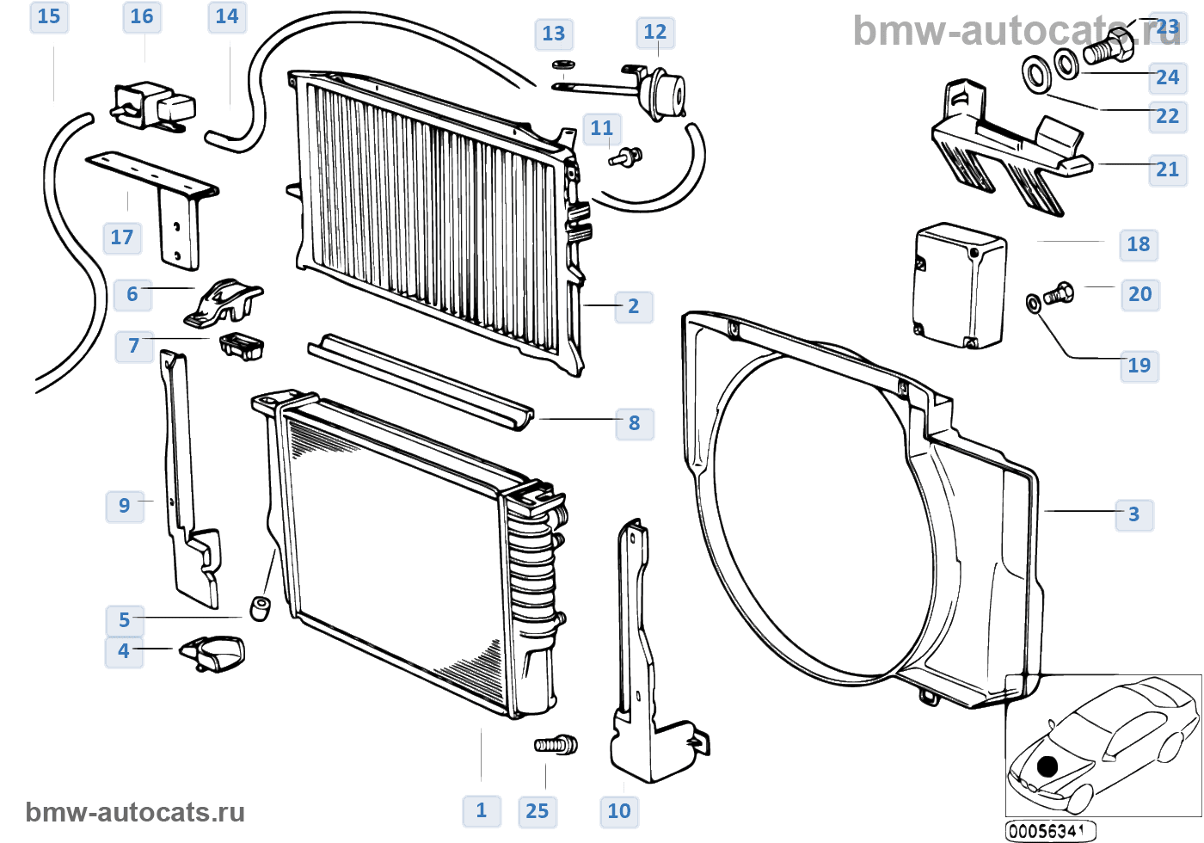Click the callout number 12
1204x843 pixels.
tap(655, 32)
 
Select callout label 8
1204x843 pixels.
tap(635, 423)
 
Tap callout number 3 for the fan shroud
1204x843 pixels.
tap(1134, 514)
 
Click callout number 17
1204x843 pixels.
tap(122, 237)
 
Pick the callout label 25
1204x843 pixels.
tap(537, 810)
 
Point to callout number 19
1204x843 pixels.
tap(1139, 366)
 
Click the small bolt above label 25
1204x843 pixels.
tap(556, 745)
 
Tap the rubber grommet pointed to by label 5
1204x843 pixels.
tap(260, 608)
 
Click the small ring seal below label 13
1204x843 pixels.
tap(563, 65)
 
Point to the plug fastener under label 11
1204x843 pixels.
tap(626, 157)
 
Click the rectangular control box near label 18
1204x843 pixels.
tap(960, 285)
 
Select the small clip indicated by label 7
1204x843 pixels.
tap(242, 346)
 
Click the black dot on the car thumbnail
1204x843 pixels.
tap(1047, 766)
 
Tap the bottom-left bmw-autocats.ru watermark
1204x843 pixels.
tap(135, 812)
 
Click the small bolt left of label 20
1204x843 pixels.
tap(1059, 293)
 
